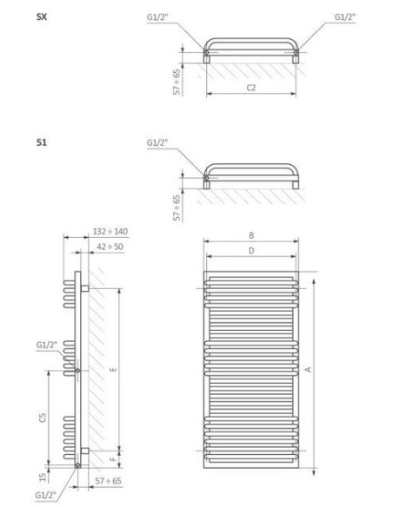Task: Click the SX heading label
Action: pyautogui.click(x=41, y=16)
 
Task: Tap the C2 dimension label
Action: pyautogui.click(x=250, y=88)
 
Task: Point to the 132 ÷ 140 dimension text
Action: pyautogui.click(x=109, y=232)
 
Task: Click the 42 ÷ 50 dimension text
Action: pyautogui.click(x=109, y=247)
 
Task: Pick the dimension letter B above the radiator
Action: pyautogui.click(x=250, y=234)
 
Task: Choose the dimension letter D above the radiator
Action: pyautogui.click(x=250, y=250)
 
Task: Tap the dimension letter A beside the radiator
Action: pyautogui.click(x=309, y=369)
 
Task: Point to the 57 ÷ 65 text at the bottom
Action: pyautogui.click(x=109, y=479)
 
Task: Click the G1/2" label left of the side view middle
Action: pyautogui.click(x=47, y=345)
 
